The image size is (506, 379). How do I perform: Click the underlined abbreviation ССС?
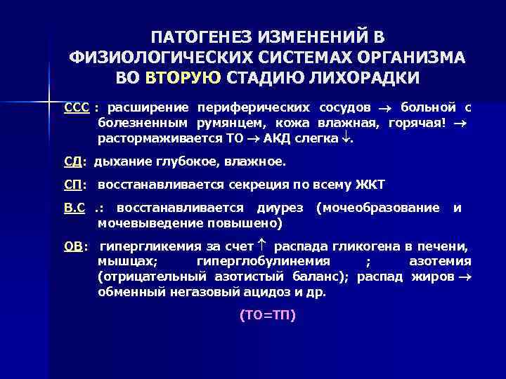click(x=77, y=107)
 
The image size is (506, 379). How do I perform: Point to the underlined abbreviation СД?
click(x=72, y=161)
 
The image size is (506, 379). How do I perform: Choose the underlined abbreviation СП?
click(x=72, y=185)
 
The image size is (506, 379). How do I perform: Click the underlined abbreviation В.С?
click(x=75, y=207)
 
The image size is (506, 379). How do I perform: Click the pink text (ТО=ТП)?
click(x=268, y=315)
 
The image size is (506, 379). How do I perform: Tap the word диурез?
click(x=280, y=208)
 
